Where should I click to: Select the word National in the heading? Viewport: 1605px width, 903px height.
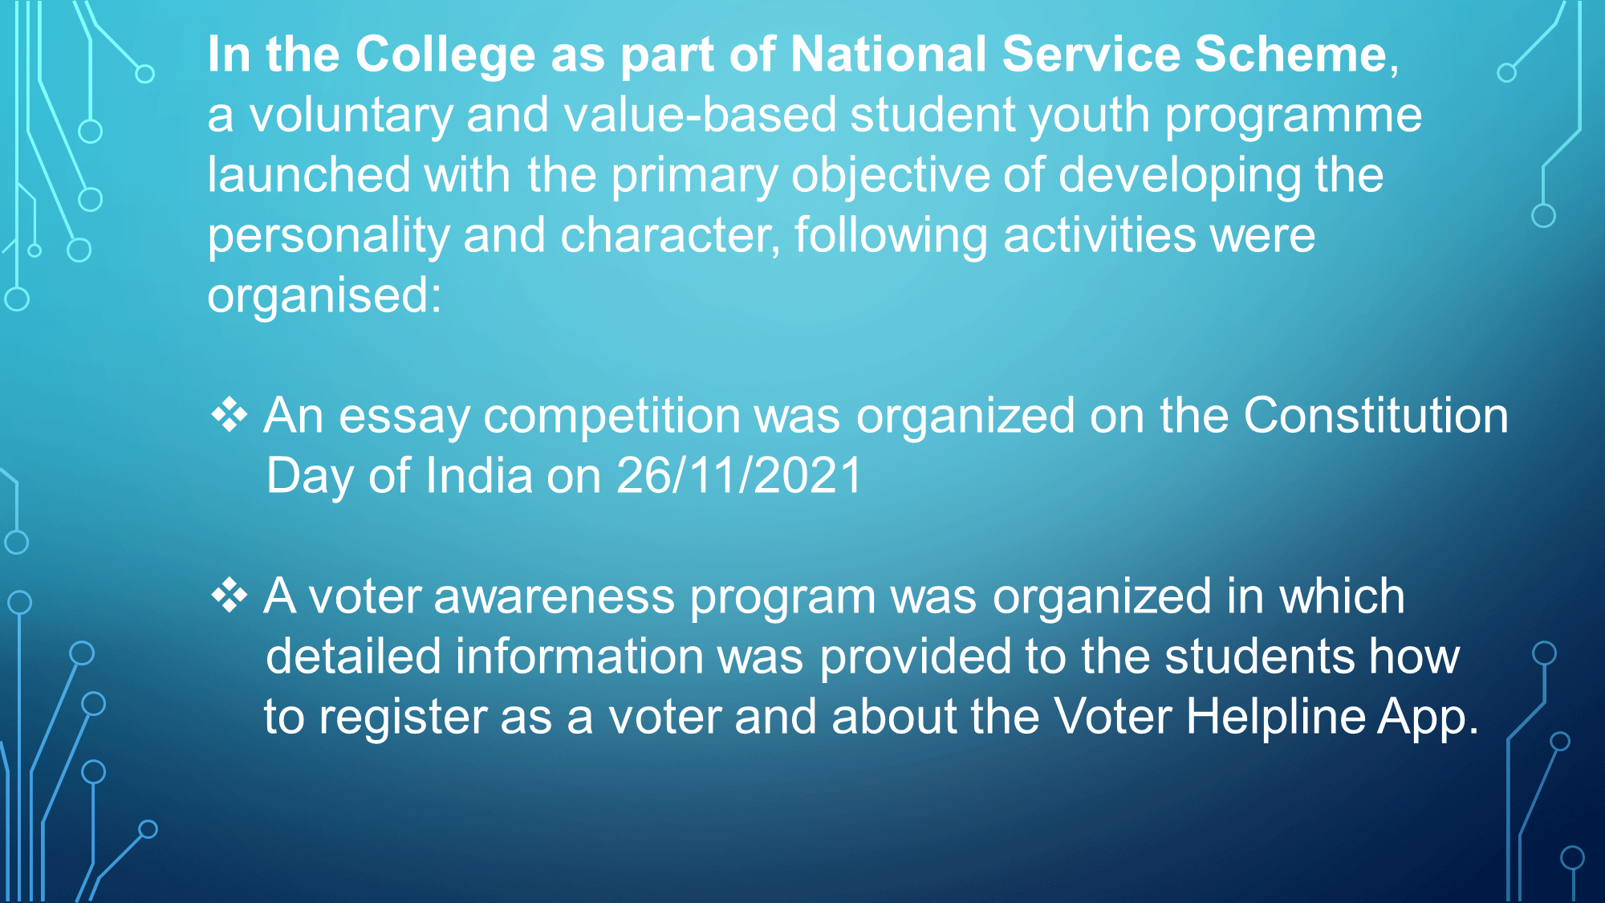click(889, 54)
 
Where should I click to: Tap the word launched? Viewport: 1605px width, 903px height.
click(309, 174)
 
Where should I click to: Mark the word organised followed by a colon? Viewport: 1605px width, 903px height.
click(325, 296)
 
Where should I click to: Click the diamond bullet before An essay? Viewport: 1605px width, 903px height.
click(230, 415)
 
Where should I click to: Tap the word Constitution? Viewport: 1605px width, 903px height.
click(1376, 416)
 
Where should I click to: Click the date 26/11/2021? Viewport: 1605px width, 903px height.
click(739, 475)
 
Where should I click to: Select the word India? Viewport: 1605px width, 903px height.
click(479, 475)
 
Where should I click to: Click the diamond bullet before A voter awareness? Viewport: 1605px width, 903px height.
click(230, 596)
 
